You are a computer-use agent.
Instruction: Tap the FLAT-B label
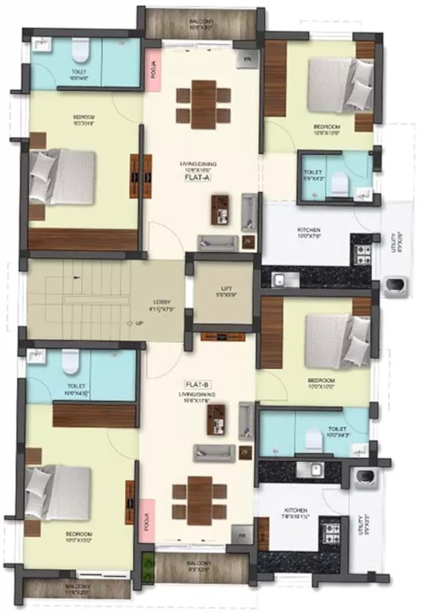(x=196, y=382)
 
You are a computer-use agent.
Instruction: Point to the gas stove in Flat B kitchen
(x=329, y=528)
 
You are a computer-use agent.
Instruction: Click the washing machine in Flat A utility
(x=394, y=285)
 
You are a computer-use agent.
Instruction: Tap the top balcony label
(x=200, y=24)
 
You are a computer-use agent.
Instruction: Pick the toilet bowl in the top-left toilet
(x=78, y=53)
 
